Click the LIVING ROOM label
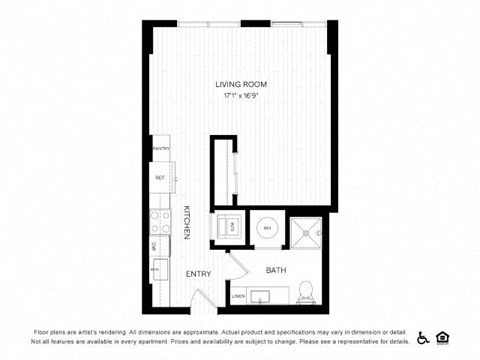click(240, 84)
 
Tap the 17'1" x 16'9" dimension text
click(240, 97)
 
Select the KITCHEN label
click(186, 221)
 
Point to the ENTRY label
click(197, 273)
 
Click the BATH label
click(275, 270)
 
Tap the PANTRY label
click(160, 148)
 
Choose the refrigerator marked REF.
click(160, 179)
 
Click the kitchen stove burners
click(159, 221)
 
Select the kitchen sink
click(158, 268)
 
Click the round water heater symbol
click(267, 228)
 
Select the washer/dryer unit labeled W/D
click(230, 227)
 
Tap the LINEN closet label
click(238, 296)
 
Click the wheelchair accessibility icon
click(423, 337)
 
